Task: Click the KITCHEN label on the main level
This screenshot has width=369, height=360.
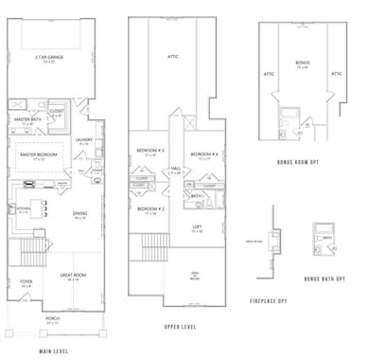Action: click(25, 208)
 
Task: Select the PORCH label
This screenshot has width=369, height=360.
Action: click(53, 318)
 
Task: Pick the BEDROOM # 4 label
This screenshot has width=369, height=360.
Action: click(203, 154)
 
